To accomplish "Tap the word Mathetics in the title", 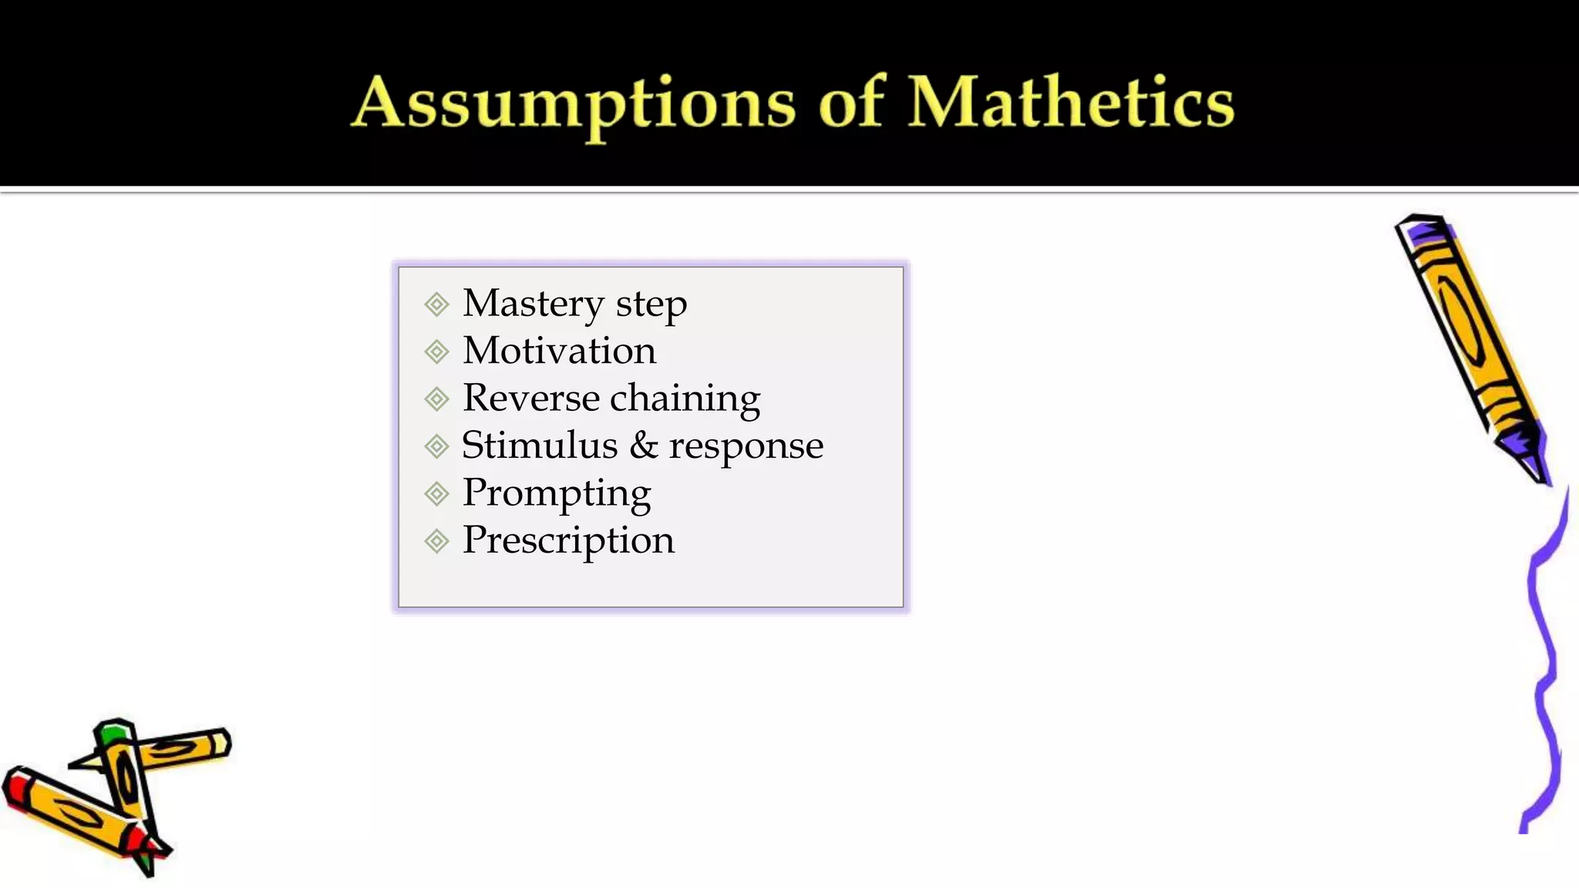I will pyautogui.click(x=1071, y=103).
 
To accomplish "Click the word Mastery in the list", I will pyautogui.click(x=533, y=304).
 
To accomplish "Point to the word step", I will pyautogui.click(x=651, y=306).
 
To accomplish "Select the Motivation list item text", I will pyautogui.click(x=559, y=351).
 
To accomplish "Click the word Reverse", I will pyautogui.click(x=530, y=399).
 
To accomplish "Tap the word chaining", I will pyautogui.click(x=685, y=400).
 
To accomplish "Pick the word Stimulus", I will pyautogui.click(x=539, y=446).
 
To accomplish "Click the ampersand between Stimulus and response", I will pyautogui.click(x=644, y=446).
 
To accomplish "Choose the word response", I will pyautogui.click(x=746, y=447).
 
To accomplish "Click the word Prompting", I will pyautogui.click(x=557, y=494).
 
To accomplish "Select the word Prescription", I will pyautogui.click(x=568, y=541).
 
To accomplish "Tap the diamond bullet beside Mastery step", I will pyautogui.click(x=436, y=304).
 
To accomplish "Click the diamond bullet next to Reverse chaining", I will pyautogui.click(x=436, y=399).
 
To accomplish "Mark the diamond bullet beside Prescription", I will pyautogui.click(x=436, y=541).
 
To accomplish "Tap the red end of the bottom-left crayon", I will pyautogui.click(x=17, y=788).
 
